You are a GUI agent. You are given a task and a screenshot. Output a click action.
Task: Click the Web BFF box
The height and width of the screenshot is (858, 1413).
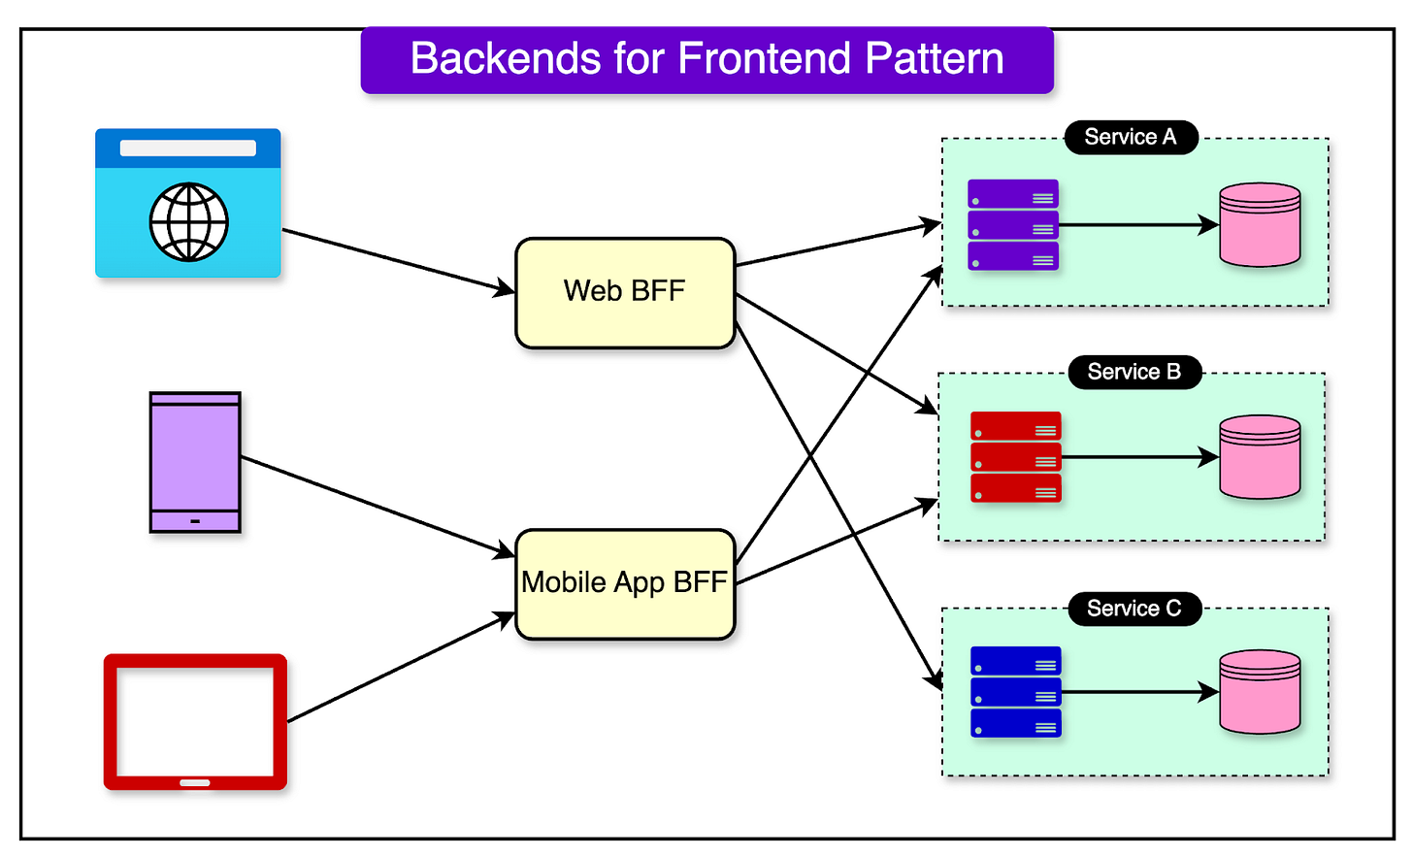625,293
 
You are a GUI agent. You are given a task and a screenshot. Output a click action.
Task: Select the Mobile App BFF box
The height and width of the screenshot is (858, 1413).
625,584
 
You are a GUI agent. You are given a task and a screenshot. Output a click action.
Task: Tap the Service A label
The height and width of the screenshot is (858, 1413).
1131,137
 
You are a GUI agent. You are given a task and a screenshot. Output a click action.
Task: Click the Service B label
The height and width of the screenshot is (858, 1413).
1134,372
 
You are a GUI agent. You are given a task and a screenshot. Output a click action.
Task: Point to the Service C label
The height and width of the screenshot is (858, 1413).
1134,609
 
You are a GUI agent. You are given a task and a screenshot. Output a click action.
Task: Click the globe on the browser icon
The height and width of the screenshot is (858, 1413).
188,221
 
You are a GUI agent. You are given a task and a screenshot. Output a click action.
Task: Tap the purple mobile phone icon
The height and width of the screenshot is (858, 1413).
195,462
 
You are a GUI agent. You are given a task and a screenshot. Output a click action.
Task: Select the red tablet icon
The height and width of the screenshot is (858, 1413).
196,722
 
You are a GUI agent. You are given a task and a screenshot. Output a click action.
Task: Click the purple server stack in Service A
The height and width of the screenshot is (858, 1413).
1013,225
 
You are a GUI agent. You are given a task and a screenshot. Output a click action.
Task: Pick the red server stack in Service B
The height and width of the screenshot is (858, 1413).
1015,457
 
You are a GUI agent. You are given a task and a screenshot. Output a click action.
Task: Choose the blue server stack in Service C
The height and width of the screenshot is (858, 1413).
1015,692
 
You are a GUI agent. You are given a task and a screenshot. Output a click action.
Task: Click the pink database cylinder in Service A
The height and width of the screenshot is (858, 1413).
1260,224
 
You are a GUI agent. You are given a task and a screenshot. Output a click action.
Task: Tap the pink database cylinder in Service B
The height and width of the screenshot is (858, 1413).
1260,457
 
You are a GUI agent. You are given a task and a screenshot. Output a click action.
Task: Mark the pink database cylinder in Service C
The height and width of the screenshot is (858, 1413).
1260,692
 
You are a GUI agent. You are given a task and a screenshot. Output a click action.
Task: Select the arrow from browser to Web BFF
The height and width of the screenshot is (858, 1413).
399,261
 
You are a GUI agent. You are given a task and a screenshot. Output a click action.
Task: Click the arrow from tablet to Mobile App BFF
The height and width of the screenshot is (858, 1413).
401,667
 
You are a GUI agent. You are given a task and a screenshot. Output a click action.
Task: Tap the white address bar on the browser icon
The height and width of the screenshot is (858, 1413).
188,148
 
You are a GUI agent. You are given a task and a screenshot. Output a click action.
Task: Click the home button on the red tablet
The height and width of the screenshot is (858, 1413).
195,783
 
